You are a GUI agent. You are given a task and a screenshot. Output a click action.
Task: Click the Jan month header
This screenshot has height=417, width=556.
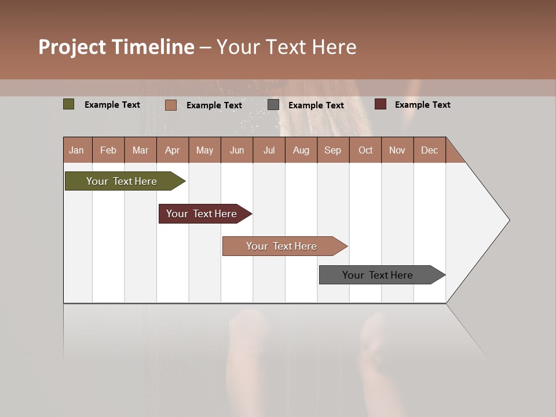[x=77, y=150]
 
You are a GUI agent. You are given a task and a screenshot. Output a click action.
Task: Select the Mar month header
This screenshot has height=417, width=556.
[x=140, y=150]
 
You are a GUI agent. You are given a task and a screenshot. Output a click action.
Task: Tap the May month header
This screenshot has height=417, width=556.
[x=204, y=150]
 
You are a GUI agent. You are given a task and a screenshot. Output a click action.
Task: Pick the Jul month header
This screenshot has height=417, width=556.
[x=269, y=150]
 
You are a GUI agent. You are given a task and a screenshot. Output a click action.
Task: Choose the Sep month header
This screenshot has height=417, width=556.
[x=332, y=150]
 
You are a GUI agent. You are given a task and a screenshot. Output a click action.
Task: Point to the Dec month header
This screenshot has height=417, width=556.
[x=429, y=150]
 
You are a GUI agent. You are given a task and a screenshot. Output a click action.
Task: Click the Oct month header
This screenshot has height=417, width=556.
[x=365, y=150]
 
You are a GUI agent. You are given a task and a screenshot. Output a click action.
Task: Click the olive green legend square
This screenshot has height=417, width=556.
[x=69, y=104]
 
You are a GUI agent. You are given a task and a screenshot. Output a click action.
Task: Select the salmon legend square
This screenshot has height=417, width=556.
[x=171, y=105]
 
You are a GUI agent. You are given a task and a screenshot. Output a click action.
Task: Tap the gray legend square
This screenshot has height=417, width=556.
[x=273, y=105]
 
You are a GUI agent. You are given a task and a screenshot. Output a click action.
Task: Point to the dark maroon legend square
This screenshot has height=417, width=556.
[x=380, y=104]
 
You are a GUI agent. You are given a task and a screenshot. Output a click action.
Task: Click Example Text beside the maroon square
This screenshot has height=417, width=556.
[x=422, y=105]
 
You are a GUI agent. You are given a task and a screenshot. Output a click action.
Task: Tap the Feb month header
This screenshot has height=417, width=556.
[x=108, y=150]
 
